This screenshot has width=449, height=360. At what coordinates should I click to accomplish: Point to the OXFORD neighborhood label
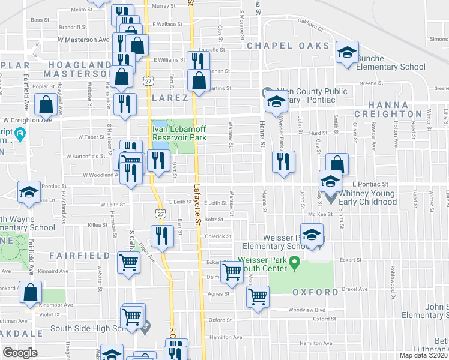pos(315,292)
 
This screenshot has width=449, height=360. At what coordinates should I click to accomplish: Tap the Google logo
pos(20,353)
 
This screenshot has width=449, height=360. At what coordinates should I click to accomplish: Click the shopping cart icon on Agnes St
pos(258,296)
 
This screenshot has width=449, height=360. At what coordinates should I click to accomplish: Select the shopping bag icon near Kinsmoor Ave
pos(30,293)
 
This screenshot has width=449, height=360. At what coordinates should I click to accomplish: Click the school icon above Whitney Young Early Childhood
pos(330,181)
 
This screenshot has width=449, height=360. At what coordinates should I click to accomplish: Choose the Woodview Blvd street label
pos(306,310)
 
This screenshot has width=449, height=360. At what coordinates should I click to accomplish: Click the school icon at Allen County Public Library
pos(276,101)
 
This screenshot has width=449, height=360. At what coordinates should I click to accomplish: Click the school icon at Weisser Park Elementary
pos(312,236)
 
